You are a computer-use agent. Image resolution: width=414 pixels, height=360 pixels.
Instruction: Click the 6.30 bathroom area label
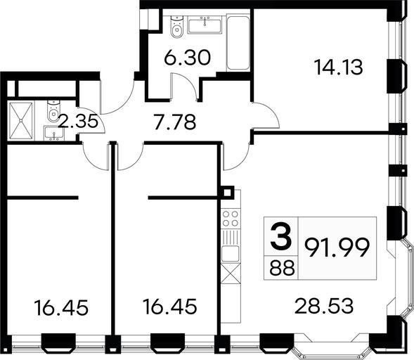click(187, 58)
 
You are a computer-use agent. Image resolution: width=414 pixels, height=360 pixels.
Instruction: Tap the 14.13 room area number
click(339, 67)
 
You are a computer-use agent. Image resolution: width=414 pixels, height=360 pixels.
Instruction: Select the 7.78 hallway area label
click(175, 122)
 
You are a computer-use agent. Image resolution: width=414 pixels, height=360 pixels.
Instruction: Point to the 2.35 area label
click(78, 120)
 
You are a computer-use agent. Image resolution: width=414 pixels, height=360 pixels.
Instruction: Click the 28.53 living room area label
click(324, 306)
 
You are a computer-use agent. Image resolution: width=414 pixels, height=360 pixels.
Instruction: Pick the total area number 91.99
click(337, 247)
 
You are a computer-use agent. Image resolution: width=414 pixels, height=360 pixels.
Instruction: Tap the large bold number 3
click(281, 236)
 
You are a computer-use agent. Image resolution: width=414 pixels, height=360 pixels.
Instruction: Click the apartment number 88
click(282, 267)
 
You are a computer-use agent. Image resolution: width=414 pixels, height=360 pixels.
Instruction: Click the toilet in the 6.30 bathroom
click(176, 27)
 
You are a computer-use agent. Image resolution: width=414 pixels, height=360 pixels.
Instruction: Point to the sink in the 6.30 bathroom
click(205, 25)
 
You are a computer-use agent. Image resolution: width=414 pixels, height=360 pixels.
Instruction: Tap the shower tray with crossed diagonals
click(20, 120)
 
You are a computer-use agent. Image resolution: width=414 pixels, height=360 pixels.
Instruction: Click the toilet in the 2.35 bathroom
click(54, 110)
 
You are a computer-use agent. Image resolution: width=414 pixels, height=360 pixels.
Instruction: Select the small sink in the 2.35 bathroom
click(54, 134)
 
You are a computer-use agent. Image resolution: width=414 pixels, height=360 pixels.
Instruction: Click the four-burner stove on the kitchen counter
click(231, 218)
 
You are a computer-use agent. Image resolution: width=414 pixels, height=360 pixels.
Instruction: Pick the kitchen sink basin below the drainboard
click(231, 254)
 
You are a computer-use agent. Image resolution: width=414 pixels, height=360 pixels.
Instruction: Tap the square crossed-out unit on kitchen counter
click(231, 274)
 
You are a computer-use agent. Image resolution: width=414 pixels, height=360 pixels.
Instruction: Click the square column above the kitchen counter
click(227, 192)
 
